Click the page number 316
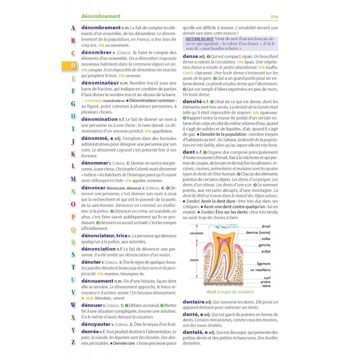coord(274,17)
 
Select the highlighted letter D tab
coord(73,65)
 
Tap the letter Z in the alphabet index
coord(73,342)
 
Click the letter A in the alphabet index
coord(73,28)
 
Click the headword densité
coord(192,102)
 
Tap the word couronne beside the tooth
coord(196,234)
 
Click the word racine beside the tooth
coord(194,260)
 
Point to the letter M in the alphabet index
coord(73,179)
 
